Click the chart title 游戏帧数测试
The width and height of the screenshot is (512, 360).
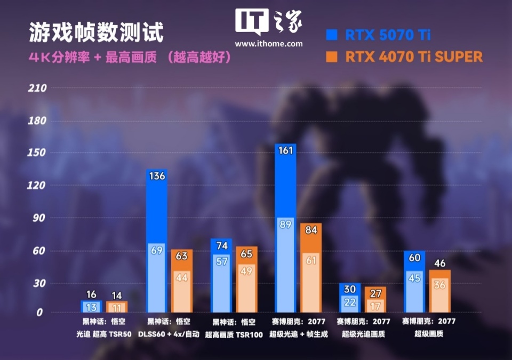(x=96, y=33)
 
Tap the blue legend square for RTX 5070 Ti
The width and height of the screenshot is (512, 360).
(x=332, y=35)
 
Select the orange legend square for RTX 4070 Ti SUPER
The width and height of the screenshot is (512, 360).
(x=332, y=57)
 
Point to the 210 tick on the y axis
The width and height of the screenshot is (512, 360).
(x=37, y=88)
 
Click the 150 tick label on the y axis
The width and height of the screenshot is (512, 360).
(x=37, y=153)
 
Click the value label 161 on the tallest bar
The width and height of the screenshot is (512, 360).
(x=285, y=150)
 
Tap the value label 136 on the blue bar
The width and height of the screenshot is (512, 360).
(x=156, y=176)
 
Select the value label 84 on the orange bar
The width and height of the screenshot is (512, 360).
(x=311, y=230)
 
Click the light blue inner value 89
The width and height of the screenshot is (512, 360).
(x=285, y=225)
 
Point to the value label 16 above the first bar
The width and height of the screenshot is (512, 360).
(x=91, y=295)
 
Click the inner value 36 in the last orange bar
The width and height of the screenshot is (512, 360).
(x=440, y=285)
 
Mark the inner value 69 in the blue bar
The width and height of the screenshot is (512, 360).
(x=156, y=250)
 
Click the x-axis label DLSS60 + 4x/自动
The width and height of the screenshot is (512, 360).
(x=169, y=334)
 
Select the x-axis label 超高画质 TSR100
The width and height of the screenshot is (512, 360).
(x=234, y=334)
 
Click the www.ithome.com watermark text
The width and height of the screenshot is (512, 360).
(x=268, y=44)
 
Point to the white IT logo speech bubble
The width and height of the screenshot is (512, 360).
(x=252, y=22)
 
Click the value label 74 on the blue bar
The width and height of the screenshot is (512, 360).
(x=221, y=245)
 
